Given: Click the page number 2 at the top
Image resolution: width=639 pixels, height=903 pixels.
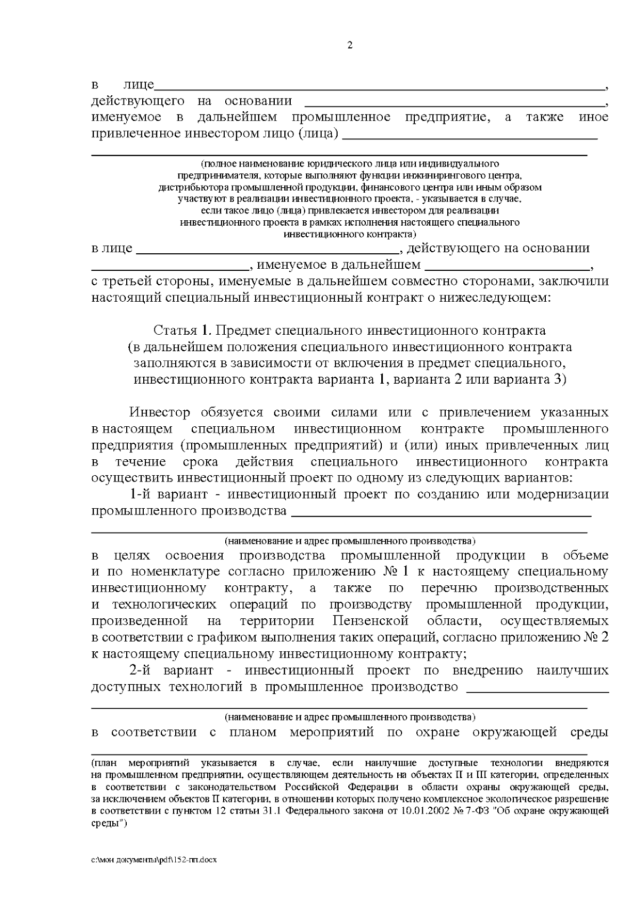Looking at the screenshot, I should coord(349,45).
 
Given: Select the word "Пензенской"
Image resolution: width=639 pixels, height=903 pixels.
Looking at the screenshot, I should coord(370,621).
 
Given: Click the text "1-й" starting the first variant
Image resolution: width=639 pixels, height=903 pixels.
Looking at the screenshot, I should coord(142,494).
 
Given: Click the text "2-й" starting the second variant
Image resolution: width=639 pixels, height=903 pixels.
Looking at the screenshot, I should coord(142,670).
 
